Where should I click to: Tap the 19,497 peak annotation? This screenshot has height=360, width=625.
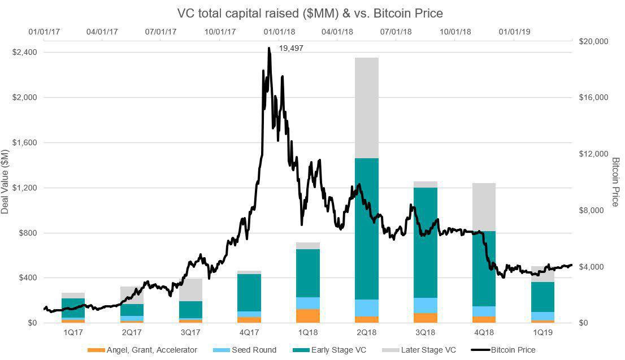click(292, 49)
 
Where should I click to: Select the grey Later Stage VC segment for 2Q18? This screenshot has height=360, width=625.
click(367, 107)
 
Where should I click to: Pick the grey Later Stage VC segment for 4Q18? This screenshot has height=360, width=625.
click(484, 207)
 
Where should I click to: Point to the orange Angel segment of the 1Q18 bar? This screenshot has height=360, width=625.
click(308, 315)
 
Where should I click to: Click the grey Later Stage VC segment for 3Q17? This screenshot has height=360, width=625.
click(190, 290)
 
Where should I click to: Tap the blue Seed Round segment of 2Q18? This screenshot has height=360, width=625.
click(367, 307)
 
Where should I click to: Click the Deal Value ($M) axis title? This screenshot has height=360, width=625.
click(5, 180)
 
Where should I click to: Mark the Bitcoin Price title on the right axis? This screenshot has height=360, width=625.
click(616, 181)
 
